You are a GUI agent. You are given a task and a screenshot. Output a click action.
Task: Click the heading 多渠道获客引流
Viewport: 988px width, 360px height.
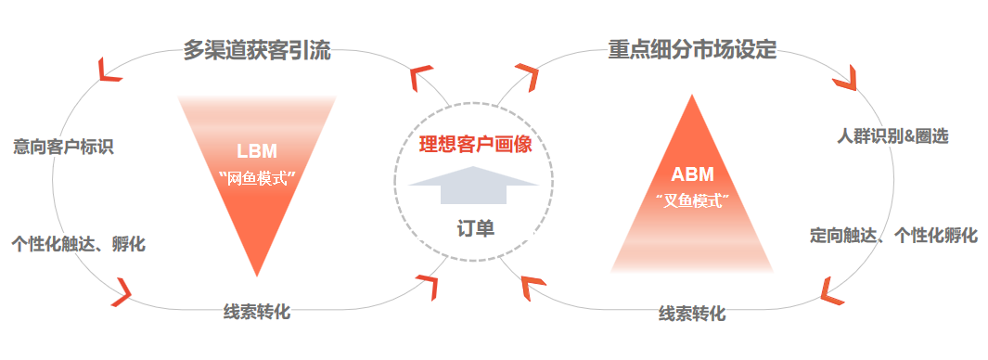(257, 50)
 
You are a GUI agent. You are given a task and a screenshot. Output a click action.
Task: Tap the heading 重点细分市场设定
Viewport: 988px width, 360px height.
(692, 50)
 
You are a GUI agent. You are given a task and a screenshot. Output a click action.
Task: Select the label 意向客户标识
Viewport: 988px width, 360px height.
(63, 147)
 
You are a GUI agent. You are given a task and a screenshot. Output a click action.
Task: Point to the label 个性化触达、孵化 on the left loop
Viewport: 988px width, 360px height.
(78, 243)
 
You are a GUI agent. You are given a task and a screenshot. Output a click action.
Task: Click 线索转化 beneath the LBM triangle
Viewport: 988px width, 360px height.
(257, 312)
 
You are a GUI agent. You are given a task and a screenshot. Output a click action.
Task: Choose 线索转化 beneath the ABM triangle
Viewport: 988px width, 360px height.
(692, 314)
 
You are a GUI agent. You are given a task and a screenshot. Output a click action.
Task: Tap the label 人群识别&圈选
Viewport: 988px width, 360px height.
(892, 136)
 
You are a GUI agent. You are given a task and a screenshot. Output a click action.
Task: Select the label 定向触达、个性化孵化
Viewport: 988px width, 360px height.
(893, 236)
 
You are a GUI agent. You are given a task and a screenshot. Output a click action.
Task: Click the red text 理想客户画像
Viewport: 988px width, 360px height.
(476, 145)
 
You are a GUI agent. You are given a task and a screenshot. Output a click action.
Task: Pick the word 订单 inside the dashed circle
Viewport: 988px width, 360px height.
(476, 228)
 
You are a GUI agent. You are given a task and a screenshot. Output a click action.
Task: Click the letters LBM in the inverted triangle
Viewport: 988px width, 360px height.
(257, 151)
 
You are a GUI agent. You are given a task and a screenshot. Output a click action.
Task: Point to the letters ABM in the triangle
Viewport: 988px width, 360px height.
(692, 174)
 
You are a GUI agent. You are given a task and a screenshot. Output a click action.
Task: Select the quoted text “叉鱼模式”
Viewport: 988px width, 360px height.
(692, 201)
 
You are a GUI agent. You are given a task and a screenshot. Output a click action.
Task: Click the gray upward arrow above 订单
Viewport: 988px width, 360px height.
(474, 185)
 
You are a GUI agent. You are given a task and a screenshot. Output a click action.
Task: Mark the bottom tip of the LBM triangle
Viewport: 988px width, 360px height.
(257, 276)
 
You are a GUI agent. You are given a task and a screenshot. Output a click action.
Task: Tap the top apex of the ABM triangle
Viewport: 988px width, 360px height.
(692, 95)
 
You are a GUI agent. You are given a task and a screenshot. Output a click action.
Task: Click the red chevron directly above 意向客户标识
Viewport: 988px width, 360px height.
(109, 71)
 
